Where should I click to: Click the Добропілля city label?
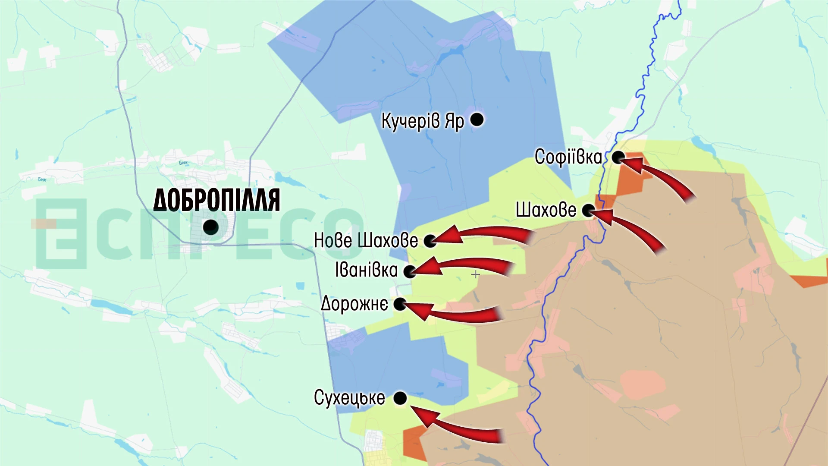(216, 200)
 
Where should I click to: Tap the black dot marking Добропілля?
(210, 227)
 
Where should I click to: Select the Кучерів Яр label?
(422, 121)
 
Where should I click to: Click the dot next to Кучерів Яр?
(477, 120)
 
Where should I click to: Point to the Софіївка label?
(568, 157)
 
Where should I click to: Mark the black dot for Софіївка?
(618, 157)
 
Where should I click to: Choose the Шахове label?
(546, 210)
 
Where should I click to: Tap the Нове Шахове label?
(366, 240)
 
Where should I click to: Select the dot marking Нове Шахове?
(430, 241)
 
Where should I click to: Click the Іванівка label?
(367, 270)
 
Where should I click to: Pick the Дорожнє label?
(354, 304)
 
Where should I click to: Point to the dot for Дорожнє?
(400, 304)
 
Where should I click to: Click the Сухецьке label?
(349, 398)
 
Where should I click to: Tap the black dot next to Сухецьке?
(400, 398)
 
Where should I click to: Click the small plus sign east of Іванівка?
(475, 274)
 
